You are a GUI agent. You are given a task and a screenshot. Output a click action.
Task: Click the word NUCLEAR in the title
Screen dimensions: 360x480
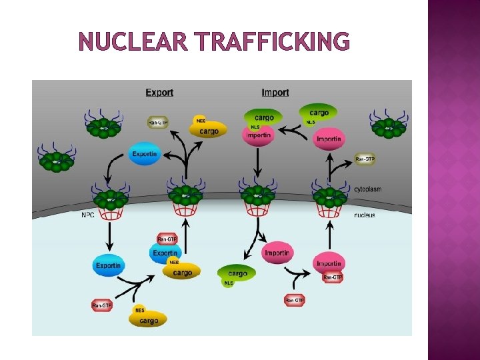133,42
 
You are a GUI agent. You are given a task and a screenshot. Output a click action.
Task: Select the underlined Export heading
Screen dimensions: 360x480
159,93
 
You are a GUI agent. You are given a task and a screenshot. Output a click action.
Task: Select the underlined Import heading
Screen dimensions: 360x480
275,93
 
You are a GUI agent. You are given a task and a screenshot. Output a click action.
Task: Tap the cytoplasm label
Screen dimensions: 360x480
368,189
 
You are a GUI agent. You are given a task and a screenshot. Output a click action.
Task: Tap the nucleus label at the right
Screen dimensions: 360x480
364,215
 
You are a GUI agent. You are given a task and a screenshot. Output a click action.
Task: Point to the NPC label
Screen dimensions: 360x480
88,215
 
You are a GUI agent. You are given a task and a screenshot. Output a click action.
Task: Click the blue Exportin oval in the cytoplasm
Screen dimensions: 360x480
145,154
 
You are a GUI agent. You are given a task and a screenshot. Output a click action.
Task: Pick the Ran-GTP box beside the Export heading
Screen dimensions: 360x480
158,123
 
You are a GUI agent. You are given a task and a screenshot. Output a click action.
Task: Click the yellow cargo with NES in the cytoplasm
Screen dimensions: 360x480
208,131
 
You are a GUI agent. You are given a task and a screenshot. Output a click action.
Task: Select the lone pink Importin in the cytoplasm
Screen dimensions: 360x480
329,139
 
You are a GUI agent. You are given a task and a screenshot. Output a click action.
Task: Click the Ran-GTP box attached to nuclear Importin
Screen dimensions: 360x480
332,277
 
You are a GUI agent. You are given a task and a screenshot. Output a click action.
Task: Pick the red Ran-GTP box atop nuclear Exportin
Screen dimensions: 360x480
167,239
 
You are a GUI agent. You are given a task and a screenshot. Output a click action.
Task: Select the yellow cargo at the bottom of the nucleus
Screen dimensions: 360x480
149,320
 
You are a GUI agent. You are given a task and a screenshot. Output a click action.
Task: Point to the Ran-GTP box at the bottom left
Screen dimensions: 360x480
102,305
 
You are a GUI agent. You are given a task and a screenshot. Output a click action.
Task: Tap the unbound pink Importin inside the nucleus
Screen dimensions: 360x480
277,253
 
